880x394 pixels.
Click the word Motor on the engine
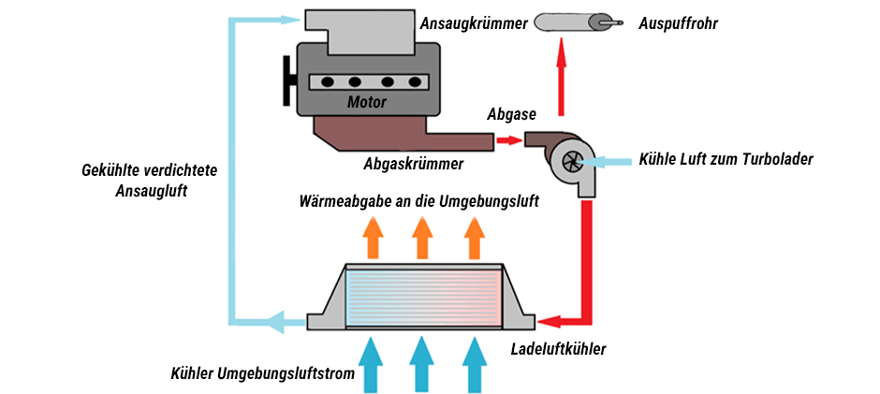[366, 101]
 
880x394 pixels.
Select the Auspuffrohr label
[676, 24]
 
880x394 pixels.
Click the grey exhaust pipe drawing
[573, 22]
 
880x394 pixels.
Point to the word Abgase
[511, 115]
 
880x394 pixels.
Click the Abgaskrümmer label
[413, 165]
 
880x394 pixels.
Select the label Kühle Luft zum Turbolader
[726, 158]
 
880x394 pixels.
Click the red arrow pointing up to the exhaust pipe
[562, 80]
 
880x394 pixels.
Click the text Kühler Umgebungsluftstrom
[262, 374]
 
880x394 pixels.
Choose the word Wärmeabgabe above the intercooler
[343, 201]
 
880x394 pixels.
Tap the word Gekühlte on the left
[113, 170]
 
